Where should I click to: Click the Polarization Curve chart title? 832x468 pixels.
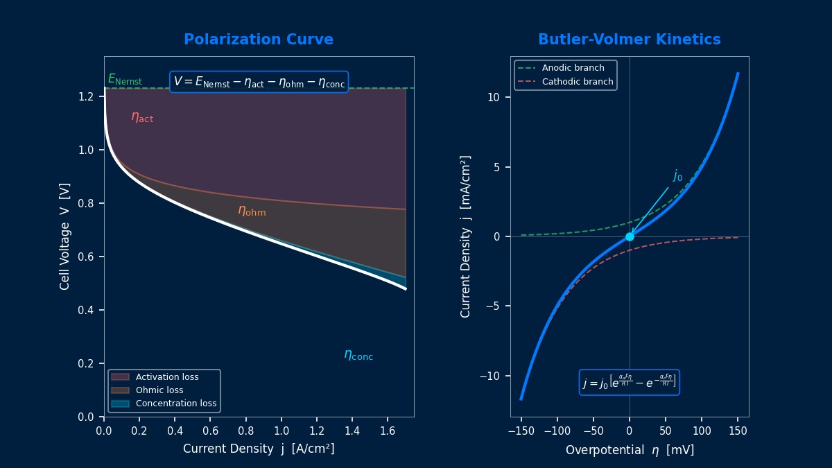point(258,40)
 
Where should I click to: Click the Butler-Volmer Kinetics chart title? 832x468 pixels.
point(629,40)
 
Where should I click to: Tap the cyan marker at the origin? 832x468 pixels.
point(630,236)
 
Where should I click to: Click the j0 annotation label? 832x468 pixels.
point(677,176)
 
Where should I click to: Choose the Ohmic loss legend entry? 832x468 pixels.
point(159,390)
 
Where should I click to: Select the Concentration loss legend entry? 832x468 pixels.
point(175,404)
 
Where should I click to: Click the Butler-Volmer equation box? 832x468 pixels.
point(629,383)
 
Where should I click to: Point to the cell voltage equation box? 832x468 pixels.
point(259,82)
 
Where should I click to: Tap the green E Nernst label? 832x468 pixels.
point(125,80)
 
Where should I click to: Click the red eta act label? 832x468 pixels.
point(142,117)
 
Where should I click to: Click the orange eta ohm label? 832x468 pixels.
point(252,211)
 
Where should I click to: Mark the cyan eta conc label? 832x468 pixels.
point(358,355)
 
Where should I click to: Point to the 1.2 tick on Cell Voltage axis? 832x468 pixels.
point(86,96)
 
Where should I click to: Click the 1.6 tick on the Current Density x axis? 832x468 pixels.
point(388,431)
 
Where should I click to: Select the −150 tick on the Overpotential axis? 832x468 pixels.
point(521,431)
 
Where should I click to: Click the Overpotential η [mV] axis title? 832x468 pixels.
point(629,450)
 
